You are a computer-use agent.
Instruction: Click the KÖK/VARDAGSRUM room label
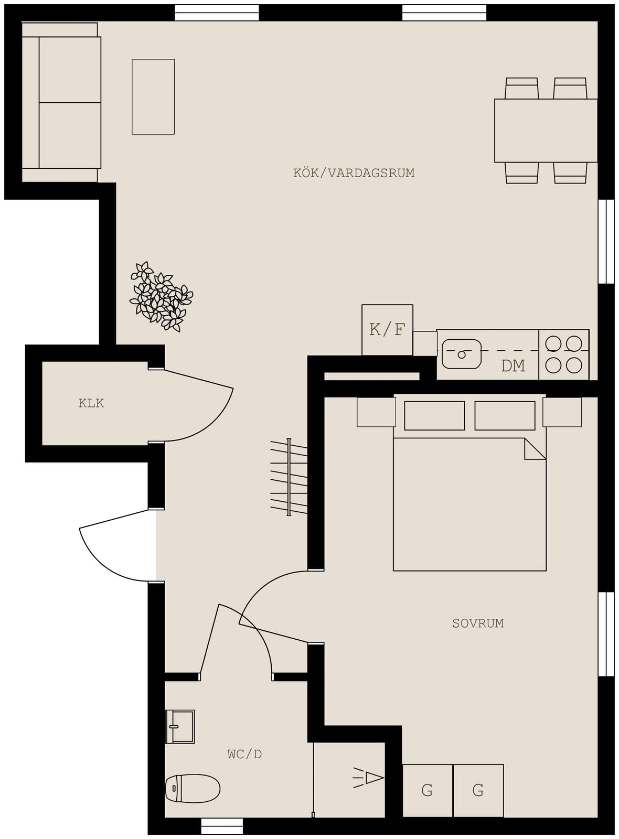point(354,173)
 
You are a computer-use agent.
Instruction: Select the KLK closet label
point(91,403)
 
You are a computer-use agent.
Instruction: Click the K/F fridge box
point(387,330)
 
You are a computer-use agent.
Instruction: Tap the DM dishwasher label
point(513,366)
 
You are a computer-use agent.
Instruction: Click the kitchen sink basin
point(461,354)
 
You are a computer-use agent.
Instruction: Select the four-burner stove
point(563,354)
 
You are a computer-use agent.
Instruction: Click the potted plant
point(161,297)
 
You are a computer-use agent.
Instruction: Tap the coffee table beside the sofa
point(153,96)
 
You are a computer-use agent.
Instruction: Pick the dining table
point(546,131)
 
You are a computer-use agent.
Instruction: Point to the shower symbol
point(368,778)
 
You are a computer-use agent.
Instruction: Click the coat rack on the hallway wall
point(289,477)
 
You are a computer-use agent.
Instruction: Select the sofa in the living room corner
point(61,102)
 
